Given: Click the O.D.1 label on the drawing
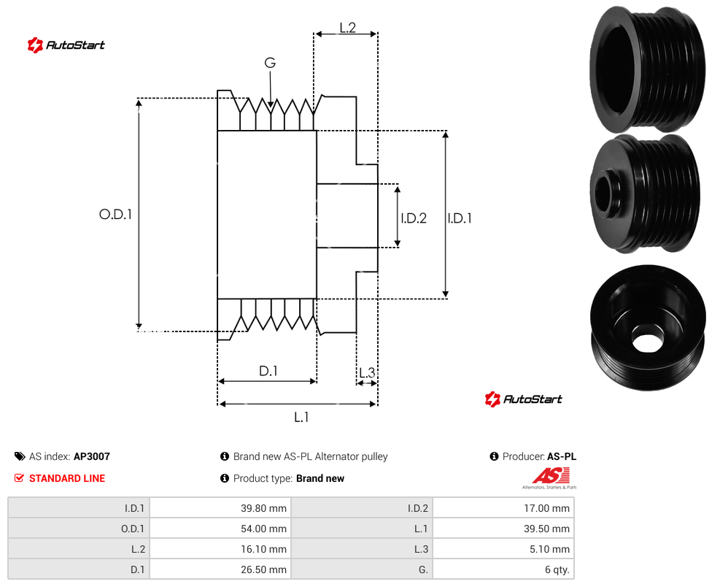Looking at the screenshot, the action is pyautogui.click(x=115, y=214).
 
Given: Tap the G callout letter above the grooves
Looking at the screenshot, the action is pyautogui.click(x=270, y=63).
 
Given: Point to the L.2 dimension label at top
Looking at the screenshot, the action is pyautogui.click(x=347, y=28).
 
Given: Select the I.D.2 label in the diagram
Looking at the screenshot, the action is pyautogui.click(x=414, y=218).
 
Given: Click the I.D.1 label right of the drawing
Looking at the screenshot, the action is pyautogui.click(x=460, y=218).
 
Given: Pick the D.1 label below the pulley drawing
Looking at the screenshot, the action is pyautogui.click(x=268, y=371).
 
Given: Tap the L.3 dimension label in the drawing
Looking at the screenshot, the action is pyautogui.click(x=367, y=372).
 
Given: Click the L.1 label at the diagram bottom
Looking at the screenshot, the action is pyautogui.click(x=301, y=417).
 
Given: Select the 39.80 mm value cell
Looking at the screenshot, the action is pyautogui.click(x=220, y=508).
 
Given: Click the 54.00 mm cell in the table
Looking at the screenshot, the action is pyautogui.click(x=220, y=529).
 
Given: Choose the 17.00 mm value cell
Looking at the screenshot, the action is pyautogui.click(x=503, y=508).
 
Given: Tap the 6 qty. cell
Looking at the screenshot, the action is pyautogui.click(x=503, y=569).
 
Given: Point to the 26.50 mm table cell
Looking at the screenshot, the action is pyautogui.click(x=220, y=569).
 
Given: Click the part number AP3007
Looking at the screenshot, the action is pyautogui.click(x=92, y=456).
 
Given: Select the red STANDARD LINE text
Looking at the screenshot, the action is pyautogui.click(x=67, y=478).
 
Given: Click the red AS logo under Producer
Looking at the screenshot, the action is pyautogui.click(x=550, y=477).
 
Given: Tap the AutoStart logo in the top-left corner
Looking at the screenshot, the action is pyautogui.click(x=66, y=45).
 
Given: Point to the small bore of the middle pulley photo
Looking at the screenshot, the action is pyautogui.click(x=603, y=194).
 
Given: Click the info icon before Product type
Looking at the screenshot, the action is pyautogui.click(x=224, y=478).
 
